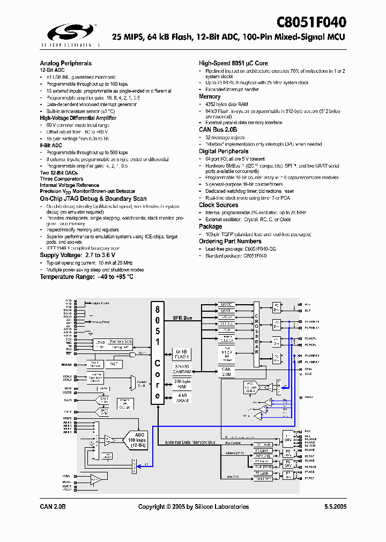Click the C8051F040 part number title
click(311, 22)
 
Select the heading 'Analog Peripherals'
click(65, 63)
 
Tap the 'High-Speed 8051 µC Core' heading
click(233, 63)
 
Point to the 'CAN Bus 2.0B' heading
click(218, 130)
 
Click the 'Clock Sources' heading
click(218, 205)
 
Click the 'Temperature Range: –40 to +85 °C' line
click(86, 277)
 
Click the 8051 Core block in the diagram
click(157, 351)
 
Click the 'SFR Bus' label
click(182, 319)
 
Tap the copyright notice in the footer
click(194, 507)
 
